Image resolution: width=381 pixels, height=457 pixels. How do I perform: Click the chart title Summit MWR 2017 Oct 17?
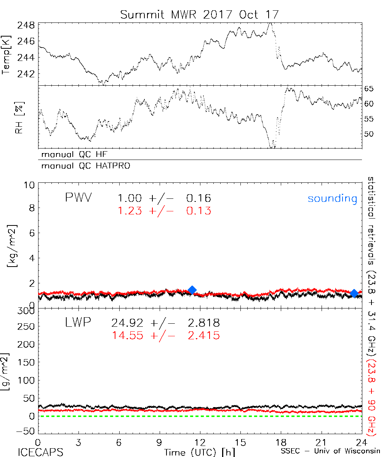pyautogui.click(x=200, y=14)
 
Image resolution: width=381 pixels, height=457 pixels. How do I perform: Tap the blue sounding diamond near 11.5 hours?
pyautogui.click(x=192, y=290)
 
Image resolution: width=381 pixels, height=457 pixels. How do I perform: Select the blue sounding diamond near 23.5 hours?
pyautogui.click(x=354, y=293)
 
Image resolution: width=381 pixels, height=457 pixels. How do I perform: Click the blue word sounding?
pyautogui.click(x=332, y=198)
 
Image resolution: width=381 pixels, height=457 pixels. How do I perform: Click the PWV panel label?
pyautogui.click(x=78, y=198)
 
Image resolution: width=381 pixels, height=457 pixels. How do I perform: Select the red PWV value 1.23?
pyautogui.click(x=130, y=211)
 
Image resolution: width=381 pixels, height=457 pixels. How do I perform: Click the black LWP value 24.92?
pyautogui.click(x=128, y=323)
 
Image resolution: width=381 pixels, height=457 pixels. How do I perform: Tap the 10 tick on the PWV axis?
pyautogui.click(x=30, y=185)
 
